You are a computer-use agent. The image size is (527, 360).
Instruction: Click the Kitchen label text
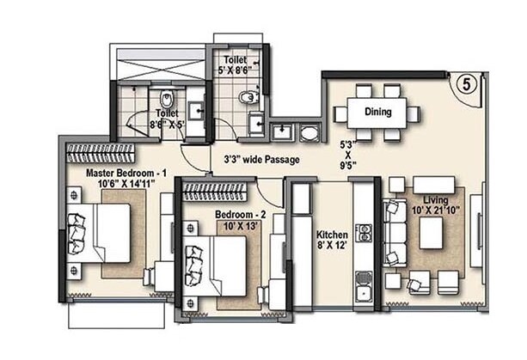331,234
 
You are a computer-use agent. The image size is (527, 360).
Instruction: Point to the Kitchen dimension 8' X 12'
331,246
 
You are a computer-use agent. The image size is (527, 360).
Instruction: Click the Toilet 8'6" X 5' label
167,118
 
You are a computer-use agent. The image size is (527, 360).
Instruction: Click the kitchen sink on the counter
364,286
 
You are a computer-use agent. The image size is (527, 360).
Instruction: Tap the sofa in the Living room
395,232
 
